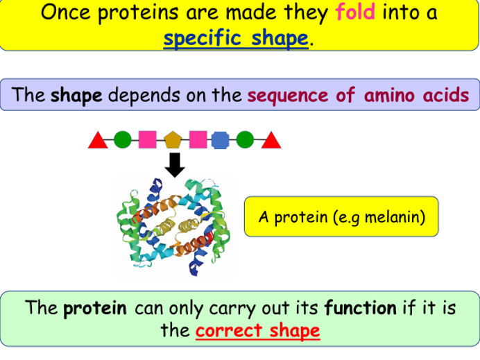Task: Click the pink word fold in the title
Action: (355, 12)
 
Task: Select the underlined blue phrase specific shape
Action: (235, 38)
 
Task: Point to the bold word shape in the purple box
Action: (76, 95)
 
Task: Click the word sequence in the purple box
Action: (288, 95)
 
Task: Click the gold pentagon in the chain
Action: (173, 140)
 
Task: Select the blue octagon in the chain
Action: (220, 140)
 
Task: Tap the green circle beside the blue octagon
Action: (245, 140)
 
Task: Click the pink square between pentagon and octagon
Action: (198, 140)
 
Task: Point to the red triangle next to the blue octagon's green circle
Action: (271, 141)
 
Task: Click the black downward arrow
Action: (175, 164)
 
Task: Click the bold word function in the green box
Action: (360, 308)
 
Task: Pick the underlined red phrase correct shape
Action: (257, 330)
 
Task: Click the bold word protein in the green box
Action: (95, 308)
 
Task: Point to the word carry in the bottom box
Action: (201, 308)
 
